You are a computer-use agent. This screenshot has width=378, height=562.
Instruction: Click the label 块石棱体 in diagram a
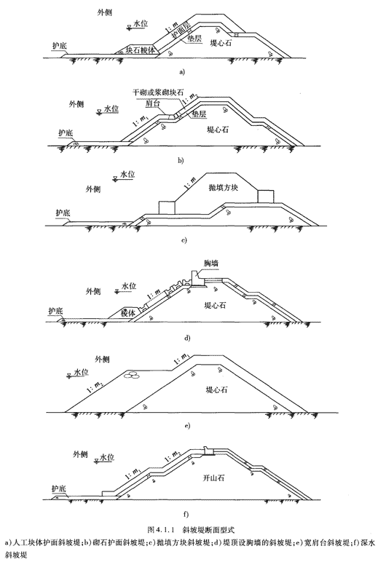[141, 50]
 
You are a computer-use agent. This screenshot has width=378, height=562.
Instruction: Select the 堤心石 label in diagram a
[221, 43]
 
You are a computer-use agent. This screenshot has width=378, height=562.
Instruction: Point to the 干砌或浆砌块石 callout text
[158, 92]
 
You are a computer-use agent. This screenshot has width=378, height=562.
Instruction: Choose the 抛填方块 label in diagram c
[223, 187]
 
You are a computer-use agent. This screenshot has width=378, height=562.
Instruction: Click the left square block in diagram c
[167, 208]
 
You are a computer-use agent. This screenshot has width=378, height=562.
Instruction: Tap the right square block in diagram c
[266, 197]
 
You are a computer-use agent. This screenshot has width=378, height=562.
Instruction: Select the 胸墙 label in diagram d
[211, 264]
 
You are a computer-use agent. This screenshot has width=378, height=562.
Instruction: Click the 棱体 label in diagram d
[128, 312]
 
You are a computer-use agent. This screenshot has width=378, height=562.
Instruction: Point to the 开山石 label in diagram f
[213, 478]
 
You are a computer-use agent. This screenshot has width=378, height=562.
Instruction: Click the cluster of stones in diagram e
[131, 375]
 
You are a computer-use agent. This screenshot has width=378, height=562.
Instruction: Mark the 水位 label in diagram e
[81, 373]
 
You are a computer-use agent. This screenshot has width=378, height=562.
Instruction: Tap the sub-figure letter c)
[184, 240]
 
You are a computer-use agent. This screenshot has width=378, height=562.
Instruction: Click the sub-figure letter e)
[187, 426]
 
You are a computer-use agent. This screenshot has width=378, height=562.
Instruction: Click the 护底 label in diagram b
[66, 133]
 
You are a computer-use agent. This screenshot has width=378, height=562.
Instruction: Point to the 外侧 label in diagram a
[104, 12]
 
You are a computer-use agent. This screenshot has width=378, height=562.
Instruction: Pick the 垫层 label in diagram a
[194, 39]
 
